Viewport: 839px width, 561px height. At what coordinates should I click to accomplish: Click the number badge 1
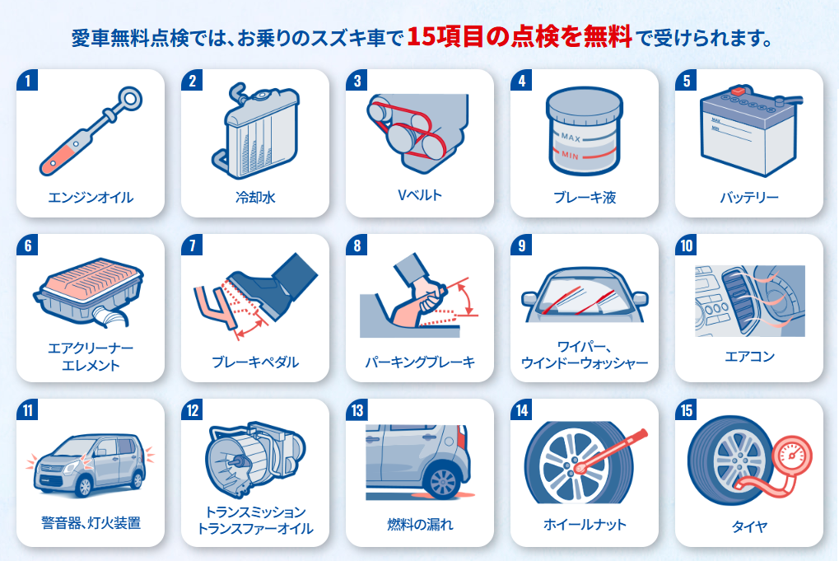pos(27,81)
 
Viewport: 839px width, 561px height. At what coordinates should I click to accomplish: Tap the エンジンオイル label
pos(91,198)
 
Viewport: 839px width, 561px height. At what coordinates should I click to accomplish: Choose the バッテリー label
pos(749,198)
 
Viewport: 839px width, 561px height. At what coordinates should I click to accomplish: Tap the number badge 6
pos(27,245)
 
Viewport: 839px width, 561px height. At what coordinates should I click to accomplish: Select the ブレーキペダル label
pos(255,362)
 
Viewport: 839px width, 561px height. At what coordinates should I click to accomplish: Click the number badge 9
pos(521,245)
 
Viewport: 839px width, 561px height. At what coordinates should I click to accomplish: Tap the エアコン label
pos(749,357)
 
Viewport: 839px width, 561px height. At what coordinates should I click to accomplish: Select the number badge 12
pos(193,410)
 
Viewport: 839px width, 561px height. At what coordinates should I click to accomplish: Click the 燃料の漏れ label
pos(420,525)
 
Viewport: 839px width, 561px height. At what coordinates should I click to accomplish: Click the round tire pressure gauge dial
pos(793,456)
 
